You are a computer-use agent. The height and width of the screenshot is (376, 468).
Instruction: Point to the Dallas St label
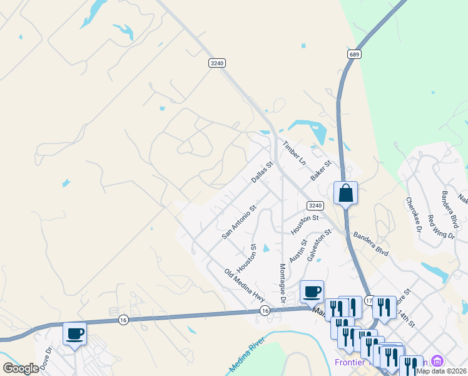(262, 172)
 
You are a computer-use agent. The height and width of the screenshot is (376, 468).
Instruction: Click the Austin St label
(298, 251)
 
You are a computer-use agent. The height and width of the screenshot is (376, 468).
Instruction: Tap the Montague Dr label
(282, 282)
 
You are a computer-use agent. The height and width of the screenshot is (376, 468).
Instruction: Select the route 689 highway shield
(355, 55)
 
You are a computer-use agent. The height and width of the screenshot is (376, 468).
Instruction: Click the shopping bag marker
(345, 193)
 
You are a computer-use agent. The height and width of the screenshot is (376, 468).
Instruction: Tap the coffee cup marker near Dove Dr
(75, 333)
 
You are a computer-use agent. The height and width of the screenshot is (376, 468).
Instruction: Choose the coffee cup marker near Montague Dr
(312, 291)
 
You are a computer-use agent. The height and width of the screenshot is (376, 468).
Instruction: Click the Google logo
(21, 368)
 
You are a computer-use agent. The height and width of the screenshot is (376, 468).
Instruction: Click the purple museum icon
(437, 361)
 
